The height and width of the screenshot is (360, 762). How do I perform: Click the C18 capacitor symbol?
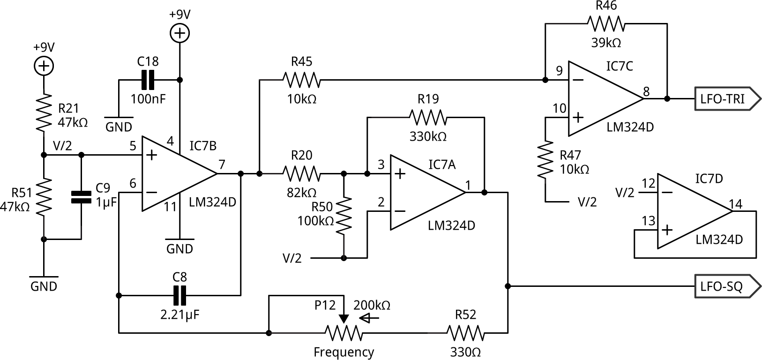click(x=148, y=80)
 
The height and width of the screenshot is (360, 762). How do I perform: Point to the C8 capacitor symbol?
click(x=179, y=295)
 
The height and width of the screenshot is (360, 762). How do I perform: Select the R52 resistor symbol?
click(x=465, y=333)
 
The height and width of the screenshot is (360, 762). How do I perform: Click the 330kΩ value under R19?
click(x=428, y=136)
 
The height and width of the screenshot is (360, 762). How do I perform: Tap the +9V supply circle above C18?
click(x=179, y=33)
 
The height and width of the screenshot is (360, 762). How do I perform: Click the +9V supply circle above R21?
click(x=44, y=66)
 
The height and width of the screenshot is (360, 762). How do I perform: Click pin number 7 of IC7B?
click(x=222, y=165)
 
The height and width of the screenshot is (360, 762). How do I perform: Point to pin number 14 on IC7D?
click(x=736, y=204)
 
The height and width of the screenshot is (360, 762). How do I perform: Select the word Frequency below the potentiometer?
click(x=344, y=352)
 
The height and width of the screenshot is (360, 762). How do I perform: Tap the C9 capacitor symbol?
click(x=81, y=197)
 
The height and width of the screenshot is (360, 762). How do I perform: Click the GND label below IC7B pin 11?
click(x=179, y=248)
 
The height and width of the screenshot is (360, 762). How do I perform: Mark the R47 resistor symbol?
click(x=545, y=160)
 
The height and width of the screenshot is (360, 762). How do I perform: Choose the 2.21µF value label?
click(x=179, y=315)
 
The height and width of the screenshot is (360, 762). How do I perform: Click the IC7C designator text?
click(x=620, y=66)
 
